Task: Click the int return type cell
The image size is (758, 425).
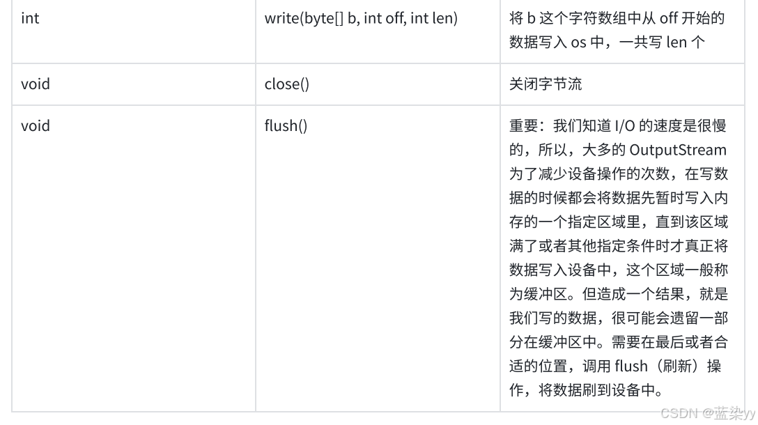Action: [x=30, y=18]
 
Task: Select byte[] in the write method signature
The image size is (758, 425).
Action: [x=325, y=18]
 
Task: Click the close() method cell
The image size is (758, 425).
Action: [x=286, y=84]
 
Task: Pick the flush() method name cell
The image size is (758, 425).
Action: [x=286, y=126]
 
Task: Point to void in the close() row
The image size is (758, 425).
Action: [x=35, y=84]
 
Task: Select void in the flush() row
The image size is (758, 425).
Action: [x=35, y=126]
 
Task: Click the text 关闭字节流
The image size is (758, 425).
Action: [x=546, y=84]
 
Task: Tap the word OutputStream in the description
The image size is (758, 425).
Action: [x=677, y=150]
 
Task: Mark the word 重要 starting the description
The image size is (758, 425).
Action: [x=523, y=126]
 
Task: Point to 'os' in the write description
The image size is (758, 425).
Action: [x=578, y=42]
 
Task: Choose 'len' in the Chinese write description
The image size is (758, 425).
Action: [x=676, y=42]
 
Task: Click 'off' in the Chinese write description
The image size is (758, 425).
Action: [x=668, y=18]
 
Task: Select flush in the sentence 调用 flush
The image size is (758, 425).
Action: [x=631, y=366]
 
